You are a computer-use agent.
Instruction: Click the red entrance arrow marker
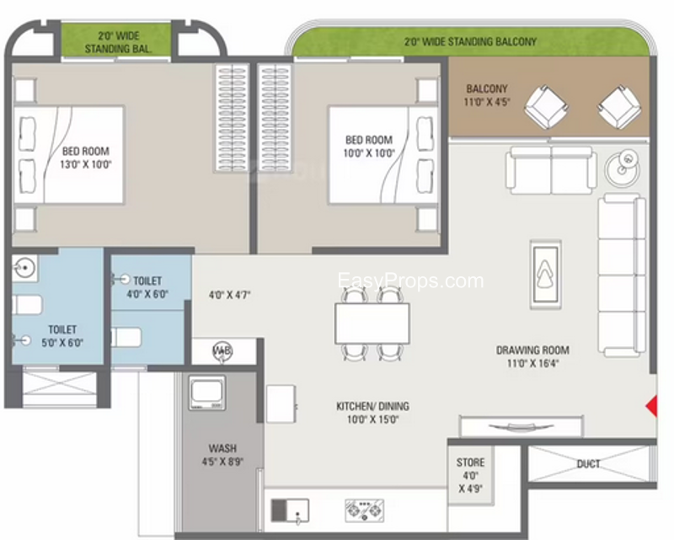[x=652, y=406]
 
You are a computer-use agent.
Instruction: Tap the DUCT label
[x=588, y=464]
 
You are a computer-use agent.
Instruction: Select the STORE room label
[x=470, y=462]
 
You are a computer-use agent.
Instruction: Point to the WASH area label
[x=222, y=448]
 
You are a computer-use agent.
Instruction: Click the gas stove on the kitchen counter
[x=365, y=511]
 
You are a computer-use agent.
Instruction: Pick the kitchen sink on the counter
[x=290, y=511]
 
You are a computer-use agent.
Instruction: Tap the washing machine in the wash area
[x=206, y=393]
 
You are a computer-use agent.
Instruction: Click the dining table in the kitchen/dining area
[x=372, y=323]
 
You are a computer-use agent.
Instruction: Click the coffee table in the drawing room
[x=546, y=274]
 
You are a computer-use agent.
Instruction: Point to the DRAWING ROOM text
[x=532, y=350]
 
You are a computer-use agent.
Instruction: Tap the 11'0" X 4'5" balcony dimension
[x=487, y=102]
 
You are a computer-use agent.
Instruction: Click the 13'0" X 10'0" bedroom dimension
[x=86, y=164]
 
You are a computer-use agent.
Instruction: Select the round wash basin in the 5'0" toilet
[x=24, y=268]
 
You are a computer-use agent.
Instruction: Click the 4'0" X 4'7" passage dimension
[x=229, y=295]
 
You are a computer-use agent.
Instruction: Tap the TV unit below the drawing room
[x=522, y=426]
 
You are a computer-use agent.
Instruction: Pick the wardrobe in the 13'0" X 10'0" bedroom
[x=232, y=117]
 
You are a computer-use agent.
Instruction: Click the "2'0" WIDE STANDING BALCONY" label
[x=470, y=42]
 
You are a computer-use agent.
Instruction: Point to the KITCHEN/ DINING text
[x=372, y=406]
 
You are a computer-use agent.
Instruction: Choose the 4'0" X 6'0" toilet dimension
[x=147, y=295]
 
